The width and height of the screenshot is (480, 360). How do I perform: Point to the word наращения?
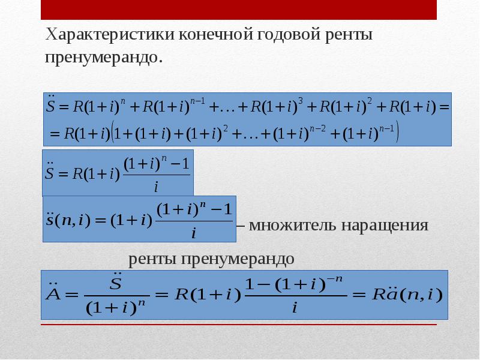pos(385,226)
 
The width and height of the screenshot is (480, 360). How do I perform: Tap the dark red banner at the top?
pos(239,10)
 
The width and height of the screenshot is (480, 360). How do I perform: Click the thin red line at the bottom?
pos(239,325)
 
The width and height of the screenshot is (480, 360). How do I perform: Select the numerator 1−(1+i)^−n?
pos(295,285)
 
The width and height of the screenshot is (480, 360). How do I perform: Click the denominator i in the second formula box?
pos(156,187)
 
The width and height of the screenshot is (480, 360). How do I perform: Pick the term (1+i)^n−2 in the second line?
pos(294,133)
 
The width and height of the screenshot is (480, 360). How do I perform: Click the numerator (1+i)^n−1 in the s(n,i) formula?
pos(193,211)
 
